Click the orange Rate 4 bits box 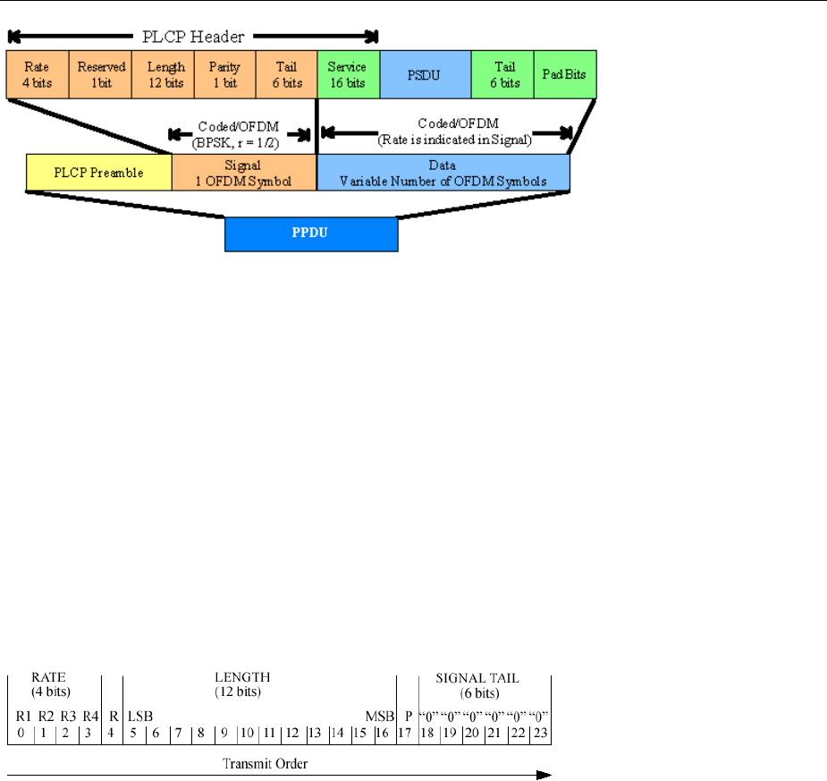[x=38, y=74]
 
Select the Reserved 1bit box [x=100, y=74]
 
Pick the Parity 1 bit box [x=224, y=74]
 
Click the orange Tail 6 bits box [x=286, y=74]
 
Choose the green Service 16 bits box [x=348, y=74]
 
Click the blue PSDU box [x=425, y=74]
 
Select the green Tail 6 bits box [x=502, y=74]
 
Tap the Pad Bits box [x=565, y=74]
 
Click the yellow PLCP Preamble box [x=98, y=173]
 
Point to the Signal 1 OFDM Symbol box [x=244, y=173]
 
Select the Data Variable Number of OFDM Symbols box [x=443, y=173]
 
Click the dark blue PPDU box [x=310, y=233]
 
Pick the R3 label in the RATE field [x=67, y=717]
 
